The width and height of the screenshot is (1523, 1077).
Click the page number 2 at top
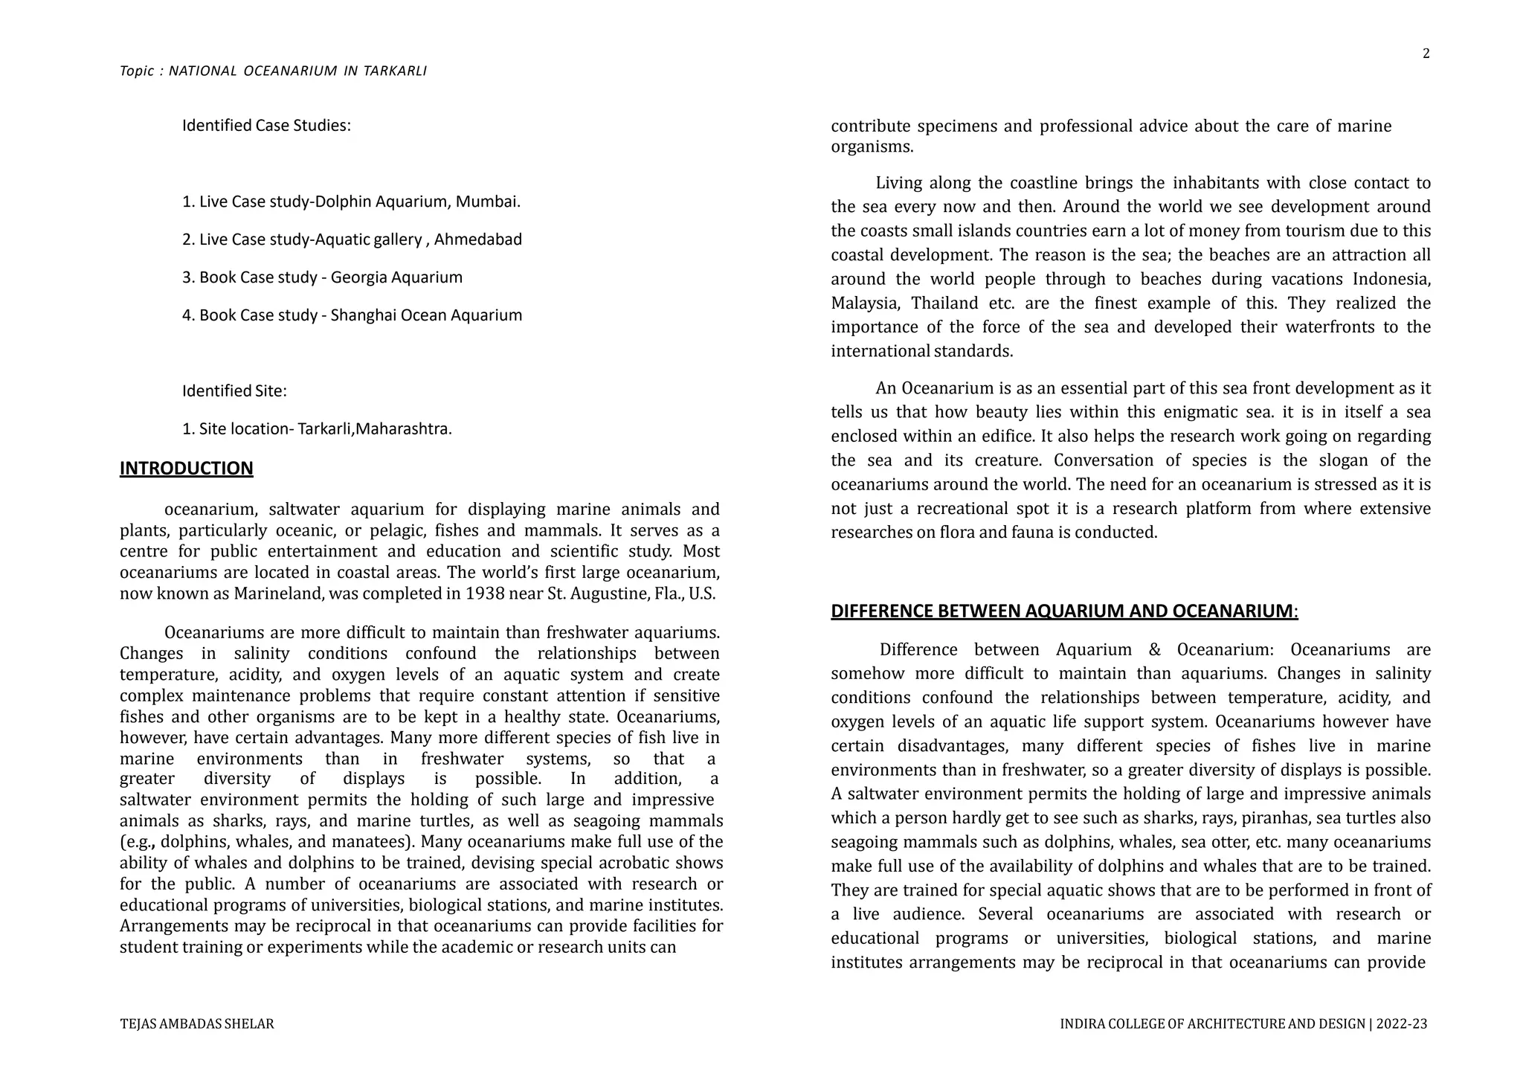click(x=1426, y=54)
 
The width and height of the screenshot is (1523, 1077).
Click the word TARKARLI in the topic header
click(x=395, y=71)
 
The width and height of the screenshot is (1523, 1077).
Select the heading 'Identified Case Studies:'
click(x=266, y=126)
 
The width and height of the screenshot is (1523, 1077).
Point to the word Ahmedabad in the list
click(x=478, y=239)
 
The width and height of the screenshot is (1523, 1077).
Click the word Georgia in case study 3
click(x=358, y=277)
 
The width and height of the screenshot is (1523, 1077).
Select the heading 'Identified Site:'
click(x=234, y=391)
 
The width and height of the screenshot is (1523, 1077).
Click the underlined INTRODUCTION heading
click(x=187, y=469)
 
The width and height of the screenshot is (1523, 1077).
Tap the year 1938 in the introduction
click(x=485, y=594)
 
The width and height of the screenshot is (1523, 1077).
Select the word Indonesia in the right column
click(x=1391, y=279)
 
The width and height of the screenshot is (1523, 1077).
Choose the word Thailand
click(x=944, y=303)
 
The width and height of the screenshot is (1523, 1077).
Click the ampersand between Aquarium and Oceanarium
click(x=1154, y=650)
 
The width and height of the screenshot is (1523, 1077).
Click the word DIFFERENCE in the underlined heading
click(x=882, y=611)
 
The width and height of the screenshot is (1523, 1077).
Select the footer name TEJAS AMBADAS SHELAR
click(x=197, y=1024)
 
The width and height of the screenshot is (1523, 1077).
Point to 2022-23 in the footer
click(x=1401, y=1024)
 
